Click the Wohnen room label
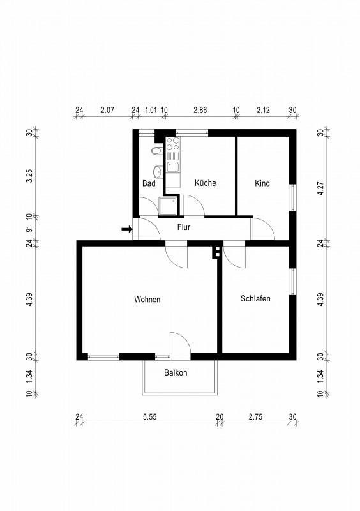coord(147,299)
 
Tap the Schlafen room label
coord(255,298)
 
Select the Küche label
coord(206,183)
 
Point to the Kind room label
coord(262,183)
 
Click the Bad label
coord(149,183)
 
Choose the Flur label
coord(184,227)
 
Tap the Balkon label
coord(176,372)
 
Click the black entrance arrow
coord(127,229)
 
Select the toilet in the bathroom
coord(157,151)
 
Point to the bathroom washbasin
coord(158,171)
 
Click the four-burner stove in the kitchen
coord(173,144)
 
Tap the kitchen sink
coord(173,167)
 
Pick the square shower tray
coord(168,206)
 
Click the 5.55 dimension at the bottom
coord(150,417)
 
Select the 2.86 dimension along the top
coord(200,110)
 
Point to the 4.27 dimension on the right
coord(321,188)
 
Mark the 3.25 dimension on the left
coord(29,176)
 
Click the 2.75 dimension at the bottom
coord(255,417)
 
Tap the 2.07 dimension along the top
coord(107,110)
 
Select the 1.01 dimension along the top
coord(151,110)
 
